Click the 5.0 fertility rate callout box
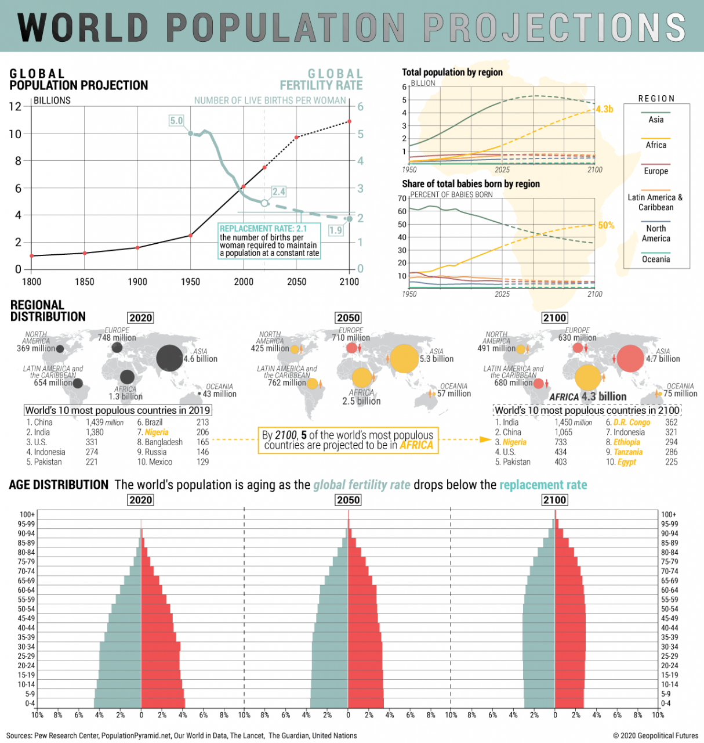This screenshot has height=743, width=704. pos(176,121)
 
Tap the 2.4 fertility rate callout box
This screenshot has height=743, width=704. pos(278,192)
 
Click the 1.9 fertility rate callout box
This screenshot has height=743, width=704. pos(336,230)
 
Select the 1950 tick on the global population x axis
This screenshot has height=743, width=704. pos(190,282)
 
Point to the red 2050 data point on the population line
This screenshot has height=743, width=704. pos(296,138)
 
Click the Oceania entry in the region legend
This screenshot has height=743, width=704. pos(656,259)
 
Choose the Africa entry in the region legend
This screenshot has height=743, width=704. pos(656,145)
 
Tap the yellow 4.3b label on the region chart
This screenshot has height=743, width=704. pos(604,109)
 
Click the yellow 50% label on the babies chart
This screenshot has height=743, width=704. pos(606,225)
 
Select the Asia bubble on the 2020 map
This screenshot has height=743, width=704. pos(169,358)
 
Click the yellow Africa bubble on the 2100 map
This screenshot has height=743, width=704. pos(587,377)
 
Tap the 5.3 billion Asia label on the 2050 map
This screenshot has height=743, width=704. pos(437,359)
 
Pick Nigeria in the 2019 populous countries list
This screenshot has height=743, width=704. pos(157,432)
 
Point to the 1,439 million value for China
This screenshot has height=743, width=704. pos(104,423)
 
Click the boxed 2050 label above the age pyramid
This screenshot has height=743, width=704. pos(348,500)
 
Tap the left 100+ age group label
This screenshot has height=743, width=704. pos(27,514)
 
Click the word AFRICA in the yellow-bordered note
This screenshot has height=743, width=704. pos(416,445)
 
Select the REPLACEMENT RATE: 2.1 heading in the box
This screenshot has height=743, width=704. pos(263,229)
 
